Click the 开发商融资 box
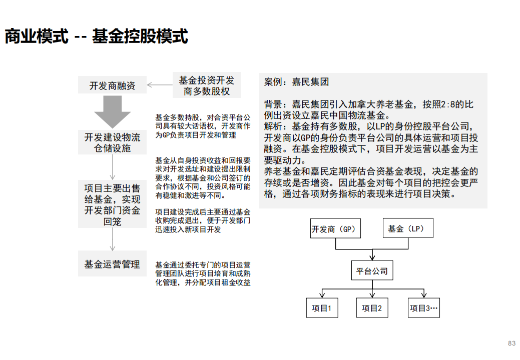click(112, 85)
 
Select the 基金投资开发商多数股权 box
click(207, 85)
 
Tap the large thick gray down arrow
click(113, 112)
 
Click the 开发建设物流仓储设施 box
click(112, 142)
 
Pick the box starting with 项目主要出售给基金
click(112, 204)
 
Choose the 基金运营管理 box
click(112, 263)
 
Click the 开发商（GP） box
click(335, 228)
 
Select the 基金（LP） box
click(408, 228)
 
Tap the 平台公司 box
click(372, 270)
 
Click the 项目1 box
click(322, 307)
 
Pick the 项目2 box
click(372, 307)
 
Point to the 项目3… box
click(424, 307)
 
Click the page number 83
click(511, 343)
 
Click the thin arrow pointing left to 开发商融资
click(160, 85)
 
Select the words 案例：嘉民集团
click(296, 82)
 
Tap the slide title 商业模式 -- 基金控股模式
click(96, 36)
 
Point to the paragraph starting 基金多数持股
click(203, 126)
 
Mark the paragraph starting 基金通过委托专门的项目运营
click(203, 273)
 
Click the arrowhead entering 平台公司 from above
click(372, 257)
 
